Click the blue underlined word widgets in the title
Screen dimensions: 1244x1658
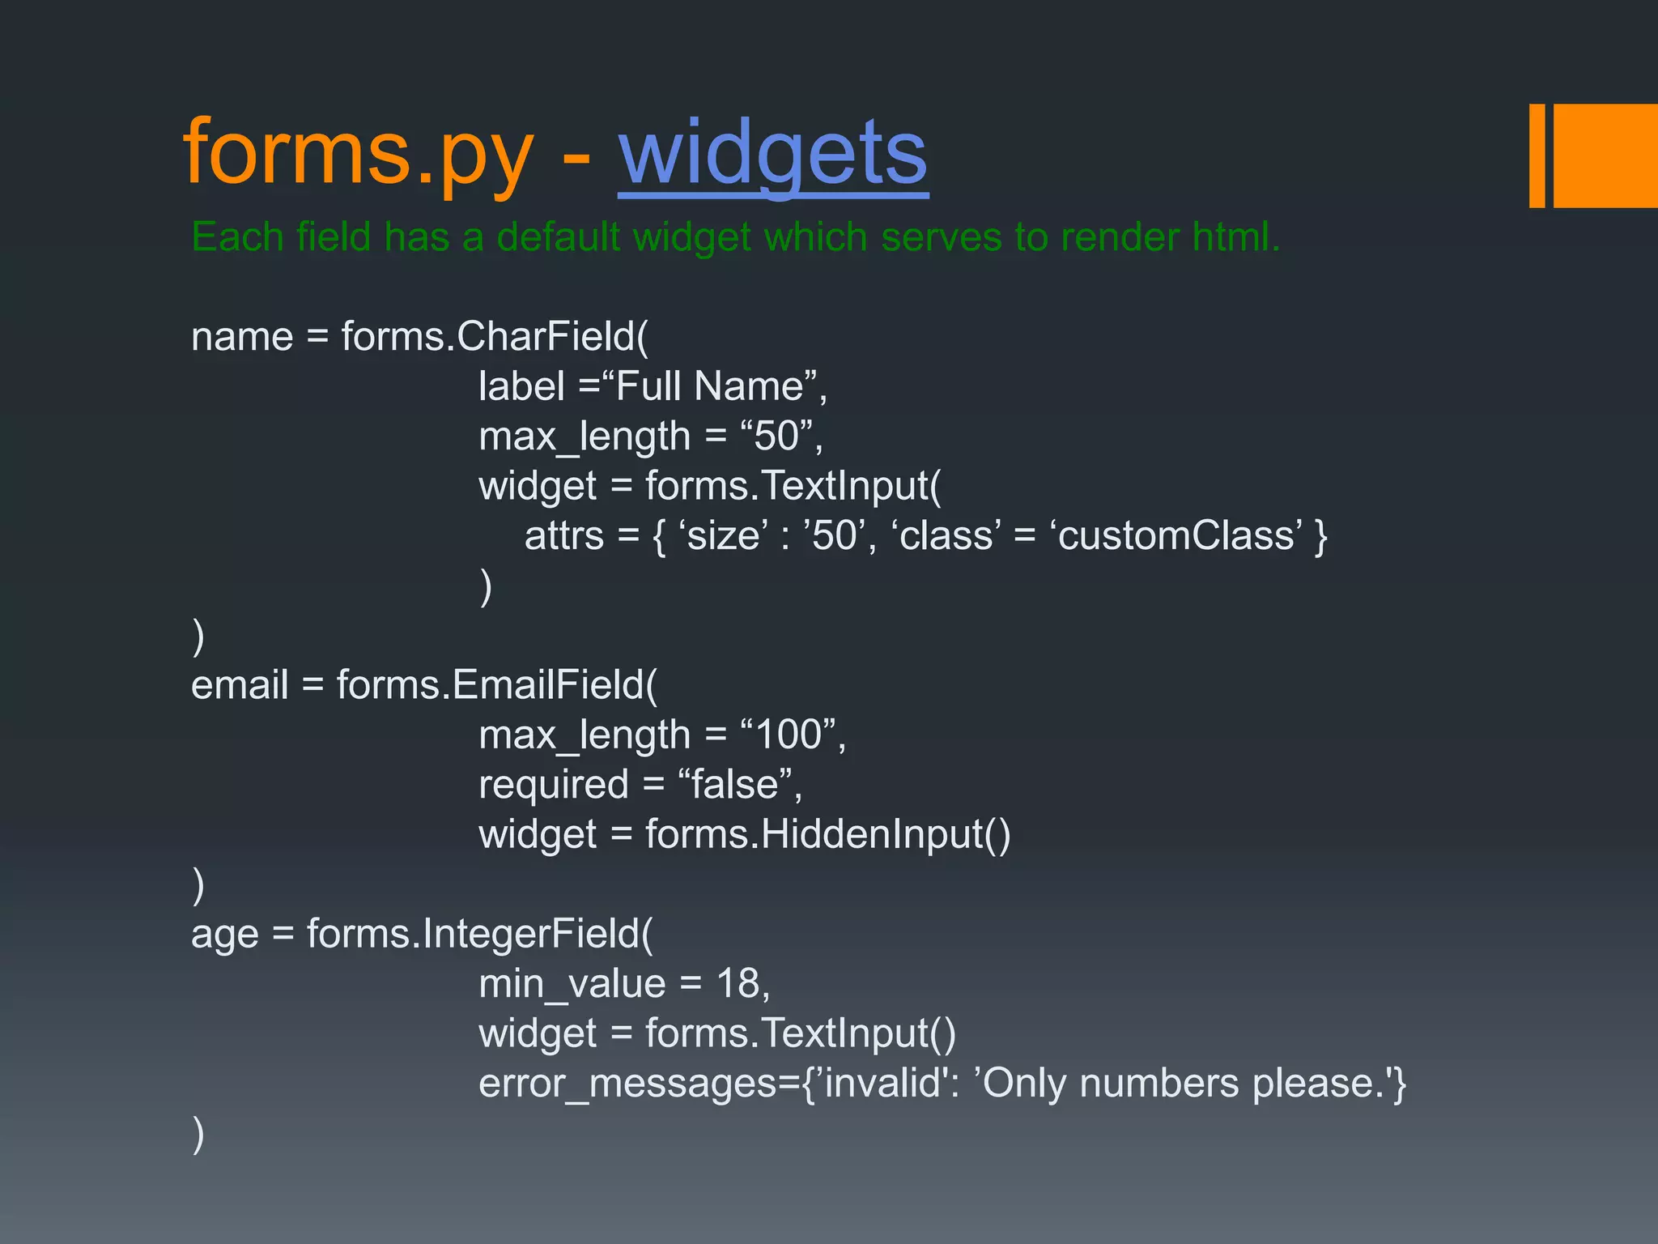click(x=772, y=154)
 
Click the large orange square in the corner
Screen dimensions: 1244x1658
click(x=1606, y=155)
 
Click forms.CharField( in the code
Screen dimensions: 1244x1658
click(x=495, y=336)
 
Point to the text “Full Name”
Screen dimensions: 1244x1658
click(x=709, y=386)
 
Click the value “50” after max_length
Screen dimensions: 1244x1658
click(x=776, y=437)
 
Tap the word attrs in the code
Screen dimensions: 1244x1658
click(x=564, y=536)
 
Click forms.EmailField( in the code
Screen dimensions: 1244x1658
click(x=496, y=685)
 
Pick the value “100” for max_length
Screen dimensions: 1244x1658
click(x=788, y=735)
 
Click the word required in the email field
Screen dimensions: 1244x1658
click(x=554, y=785)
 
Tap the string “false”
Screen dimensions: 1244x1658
click(x=734, y=785)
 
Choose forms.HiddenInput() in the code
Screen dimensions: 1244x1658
click(x=827, y=834)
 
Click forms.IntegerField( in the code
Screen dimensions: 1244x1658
click(x=479, y=934)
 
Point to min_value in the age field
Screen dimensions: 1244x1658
click(x=572, y=984)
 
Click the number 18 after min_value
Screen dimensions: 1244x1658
click(x=738, y=984)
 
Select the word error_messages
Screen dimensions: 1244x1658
click(x=627, y=1084)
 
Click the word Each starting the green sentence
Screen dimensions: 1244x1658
click(x=237, y=237)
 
